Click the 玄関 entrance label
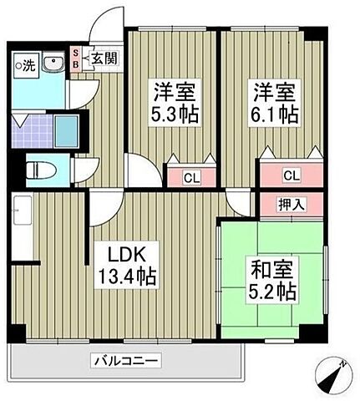[x=104, y=58]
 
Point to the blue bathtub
[x=68, y=129]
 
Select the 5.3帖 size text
[x=174, y=114]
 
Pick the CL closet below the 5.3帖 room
[x=191, y=176]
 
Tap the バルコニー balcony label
[x=124, y=361]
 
